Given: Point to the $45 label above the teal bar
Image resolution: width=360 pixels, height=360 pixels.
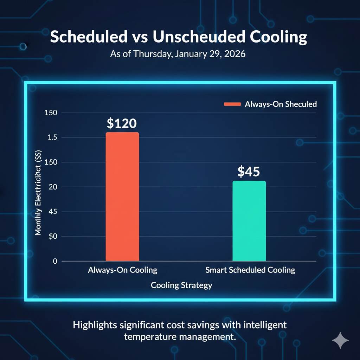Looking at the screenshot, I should [249, 172].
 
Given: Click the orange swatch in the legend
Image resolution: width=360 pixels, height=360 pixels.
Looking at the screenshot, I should [232, 104].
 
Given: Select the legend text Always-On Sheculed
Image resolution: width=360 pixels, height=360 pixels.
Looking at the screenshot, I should [281, 104].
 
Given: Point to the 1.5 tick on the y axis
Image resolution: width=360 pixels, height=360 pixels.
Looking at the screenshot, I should [52, 137].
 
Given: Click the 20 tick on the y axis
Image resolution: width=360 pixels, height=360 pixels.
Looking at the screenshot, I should [53, 187].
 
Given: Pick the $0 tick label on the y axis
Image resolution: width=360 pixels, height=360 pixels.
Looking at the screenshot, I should [52, 236].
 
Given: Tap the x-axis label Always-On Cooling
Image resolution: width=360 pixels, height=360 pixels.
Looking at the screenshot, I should [122, 270].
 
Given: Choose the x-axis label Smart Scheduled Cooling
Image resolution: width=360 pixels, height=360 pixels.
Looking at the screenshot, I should [250, 270].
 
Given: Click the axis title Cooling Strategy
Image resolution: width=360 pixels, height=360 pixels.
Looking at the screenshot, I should [181, 285].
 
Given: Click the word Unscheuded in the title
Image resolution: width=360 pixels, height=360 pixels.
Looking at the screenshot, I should [196, 37].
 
